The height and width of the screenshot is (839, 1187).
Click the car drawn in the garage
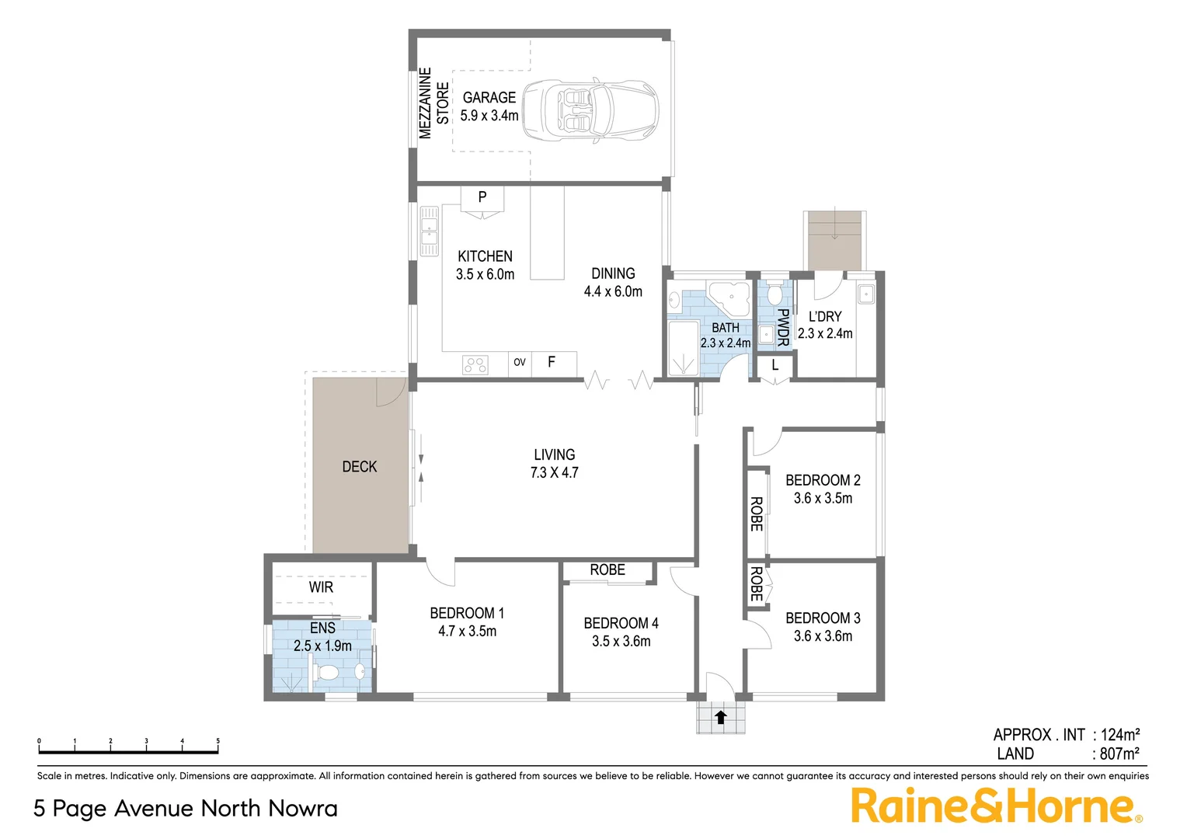click(x=590, y=110)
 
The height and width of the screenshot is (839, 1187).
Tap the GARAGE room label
click(x=489, y=98)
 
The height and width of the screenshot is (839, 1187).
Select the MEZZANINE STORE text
click(x=433, y=103)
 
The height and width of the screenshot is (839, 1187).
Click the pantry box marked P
click(x=482, y=197)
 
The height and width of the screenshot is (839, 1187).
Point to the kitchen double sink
click(x=430, y=231)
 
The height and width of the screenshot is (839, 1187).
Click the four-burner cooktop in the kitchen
click(x=475, y=364)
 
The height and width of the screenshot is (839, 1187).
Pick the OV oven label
click(x=520, y=362)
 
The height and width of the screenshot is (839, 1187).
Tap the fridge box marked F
click(x=552, y=362)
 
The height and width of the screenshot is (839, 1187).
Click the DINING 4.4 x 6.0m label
click(x=613, y=283)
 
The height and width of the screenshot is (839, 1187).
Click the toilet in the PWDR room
click(x=773, y=295)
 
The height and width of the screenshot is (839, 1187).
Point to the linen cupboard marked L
click(x=775, y=365)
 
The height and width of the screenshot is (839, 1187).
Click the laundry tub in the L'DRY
click(x=866, y=294)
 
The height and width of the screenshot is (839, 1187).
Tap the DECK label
click(x=360, y=467)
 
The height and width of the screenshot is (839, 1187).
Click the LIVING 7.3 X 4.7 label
click(x=554, y=464)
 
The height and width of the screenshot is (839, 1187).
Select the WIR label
click(x=321, y=587)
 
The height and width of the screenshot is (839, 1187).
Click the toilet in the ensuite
click(x=327, y=672)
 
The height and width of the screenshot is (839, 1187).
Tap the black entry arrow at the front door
click(x=720, y=718)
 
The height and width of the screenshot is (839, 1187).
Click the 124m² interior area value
click(x=1119, y=735)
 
